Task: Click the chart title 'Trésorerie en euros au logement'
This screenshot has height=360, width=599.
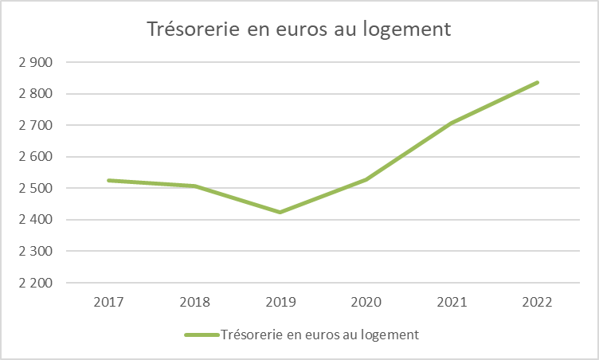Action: click(x=299, y=29)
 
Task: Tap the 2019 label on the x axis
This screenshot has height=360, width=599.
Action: click(x=280, y=303)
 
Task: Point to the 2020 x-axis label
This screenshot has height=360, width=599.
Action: click(x=366, y=303)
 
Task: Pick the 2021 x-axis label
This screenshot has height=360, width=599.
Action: click(x=452, y=303)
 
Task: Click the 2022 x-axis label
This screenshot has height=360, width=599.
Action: click(x=538, y=303)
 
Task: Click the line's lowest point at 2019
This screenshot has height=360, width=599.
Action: click(x=280, y=212)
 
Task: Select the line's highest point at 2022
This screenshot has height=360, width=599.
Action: click(x=538, y=82)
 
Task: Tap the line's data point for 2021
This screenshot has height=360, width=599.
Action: click(x=452, y=123)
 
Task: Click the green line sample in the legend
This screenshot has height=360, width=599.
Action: click(x=200, y=335)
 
